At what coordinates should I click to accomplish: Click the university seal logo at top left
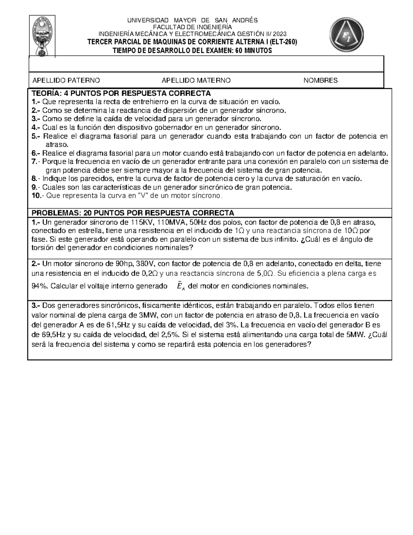coord(43,35)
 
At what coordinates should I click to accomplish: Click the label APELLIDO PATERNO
coord(66,81)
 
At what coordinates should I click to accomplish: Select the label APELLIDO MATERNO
coord(196,81)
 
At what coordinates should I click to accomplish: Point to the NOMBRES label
coord(320,81)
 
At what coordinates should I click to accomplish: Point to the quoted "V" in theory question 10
coord(142,196)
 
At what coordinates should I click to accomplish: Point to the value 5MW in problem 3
coord(354,334)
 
